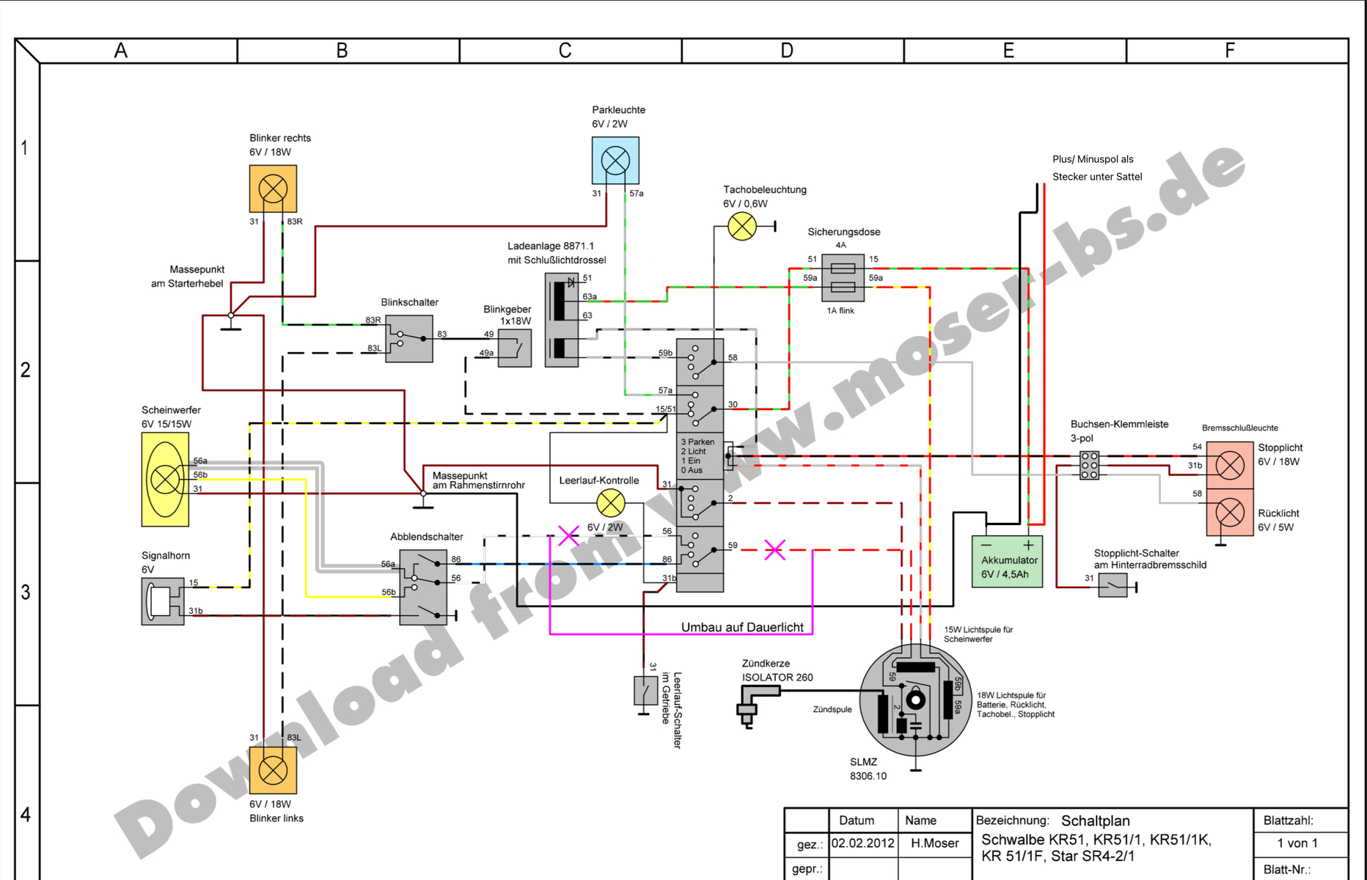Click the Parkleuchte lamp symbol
(615, 160)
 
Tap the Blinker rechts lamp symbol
(273, 188)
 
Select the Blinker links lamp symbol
(274, 770)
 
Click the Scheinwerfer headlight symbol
(165, 480)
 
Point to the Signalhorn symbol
(162, 601)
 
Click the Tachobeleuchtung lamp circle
(741, 227)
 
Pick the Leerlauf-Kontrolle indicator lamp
(610, 503)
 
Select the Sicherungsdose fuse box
(843, 278)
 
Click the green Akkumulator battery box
(1007, 562)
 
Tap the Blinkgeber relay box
(515, 348)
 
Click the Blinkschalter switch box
(409, 339)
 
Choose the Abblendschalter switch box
(423, 587)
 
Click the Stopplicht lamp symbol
(1230, 465)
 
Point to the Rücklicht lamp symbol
(1230, 512)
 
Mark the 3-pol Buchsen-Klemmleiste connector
(1089, 465)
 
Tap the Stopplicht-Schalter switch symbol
(1113, 585)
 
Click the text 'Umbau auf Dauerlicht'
(742, 627)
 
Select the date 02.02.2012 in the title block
(862, 843)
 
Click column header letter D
(787, 51)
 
